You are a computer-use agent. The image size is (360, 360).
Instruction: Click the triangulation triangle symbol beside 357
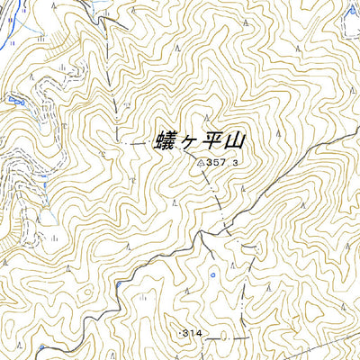pos(199,163)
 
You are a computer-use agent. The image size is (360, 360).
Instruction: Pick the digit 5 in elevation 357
pos(216,163)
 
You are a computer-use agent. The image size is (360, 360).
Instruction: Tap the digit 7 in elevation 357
pos(223,163)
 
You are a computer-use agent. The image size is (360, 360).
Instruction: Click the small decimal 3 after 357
pos(235,164)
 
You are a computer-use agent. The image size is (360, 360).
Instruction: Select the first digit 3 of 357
pos(209,163)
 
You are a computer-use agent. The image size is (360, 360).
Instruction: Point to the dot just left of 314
pos(180,334)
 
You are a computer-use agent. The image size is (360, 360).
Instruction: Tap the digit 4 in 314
pos(201,333)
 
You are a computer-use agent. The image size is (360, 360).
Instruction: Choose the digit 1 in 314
pos(194,333)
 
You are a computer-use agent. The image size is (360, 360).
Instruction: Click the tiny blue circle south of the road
pos(212,274)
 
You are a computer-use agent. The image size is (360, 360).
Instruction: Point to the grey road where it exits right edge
pos(356,134)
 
